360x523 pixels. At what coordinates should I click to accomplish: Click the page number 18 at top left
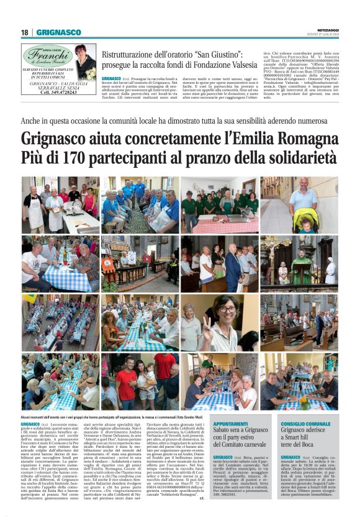tap(24, 32)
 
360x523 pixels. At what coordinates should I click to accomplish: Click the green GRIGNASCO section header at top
tap(59, 32)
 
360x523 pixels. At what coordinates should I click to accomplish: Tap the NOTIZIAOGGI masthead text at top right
tap(324, 29)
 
